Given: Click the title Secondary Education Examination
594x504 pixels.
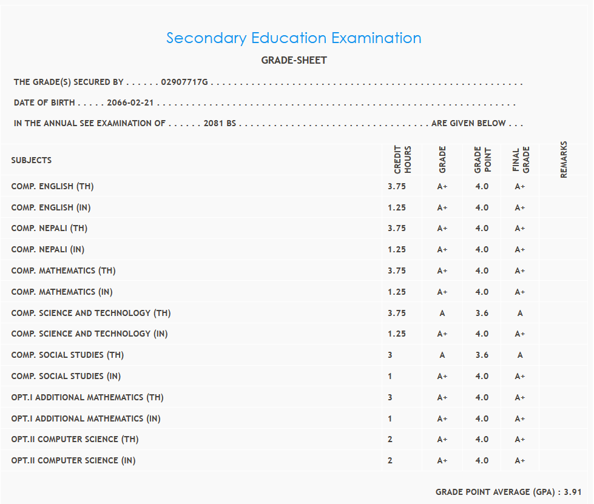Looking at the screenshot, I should tap(294, 38).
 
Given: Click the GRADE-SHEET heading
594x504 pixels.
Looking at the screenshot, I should tap(294, 61).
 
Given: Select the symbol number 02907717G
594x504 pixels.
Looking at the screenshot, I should tap(184, 82).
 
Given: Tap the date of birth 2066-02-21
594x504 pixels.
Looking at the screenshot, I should tap(130, 103).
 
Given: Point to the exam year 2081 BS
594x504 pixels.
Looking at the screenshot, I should tap(220, 123).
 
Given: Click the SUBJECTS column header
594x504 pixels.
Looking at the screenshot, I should tap(32, 161).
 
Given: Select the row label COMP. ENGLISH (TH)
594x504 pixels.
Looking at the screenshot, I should tap(52, 186).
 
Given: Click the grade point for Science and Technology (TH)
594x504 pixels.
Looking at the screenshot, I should tap(482, 313).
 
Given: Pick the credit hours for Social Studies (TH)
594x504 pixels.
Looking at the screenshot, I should tap(390, 355).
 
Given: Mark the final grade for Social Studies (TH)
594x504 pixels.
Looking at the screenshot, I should tap(520, 355).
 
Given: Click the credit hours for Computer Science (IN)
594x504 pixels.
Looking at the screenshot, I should tap(390, 460).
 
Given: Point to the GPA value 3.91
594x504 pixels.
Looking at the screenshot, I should tap(573, 492).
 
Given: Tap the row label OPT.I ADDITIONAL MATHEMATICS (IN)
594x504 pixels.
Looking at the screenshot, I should tap(86, 418).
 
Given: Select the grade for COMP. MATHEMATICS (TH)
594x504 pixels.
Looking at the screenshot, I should tap(442, 270).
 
